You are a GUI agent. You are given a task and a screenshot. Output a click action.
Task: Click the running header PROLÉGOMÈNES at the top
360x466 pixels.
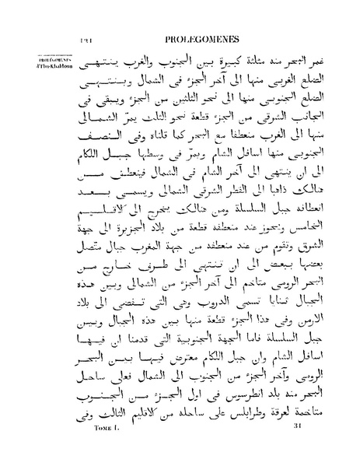pos(204,37)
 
